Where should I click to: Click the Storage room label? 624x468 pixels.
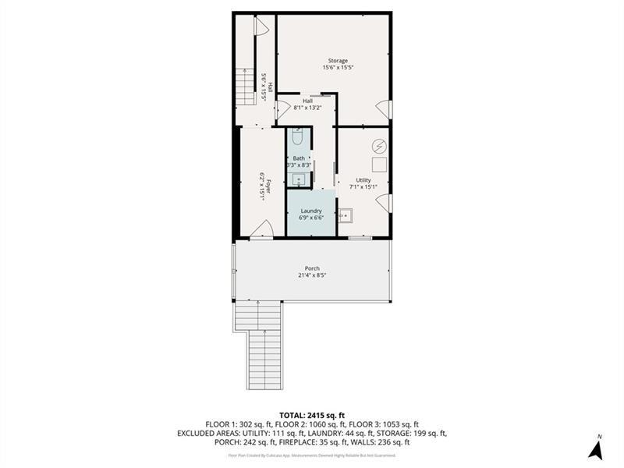coord(338,61)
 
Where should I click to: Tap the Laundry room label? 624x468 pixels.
coord(311,211)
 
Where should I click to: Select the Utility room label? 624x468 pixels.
coord(363,180)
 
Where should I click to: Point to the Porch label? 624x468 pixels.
coord(312,268)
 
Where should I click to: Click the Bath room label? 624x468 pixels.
coord(299,159)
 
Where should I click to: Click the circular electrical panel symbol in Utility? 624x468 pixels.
coord(378,146)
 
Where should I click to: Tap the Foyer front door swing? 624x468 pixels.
coord(264,229)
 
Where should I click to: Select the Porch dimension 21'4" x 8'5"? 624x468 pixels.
coord(312,275)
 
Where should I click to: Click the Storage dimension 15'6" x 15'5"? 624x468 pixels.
coord(338,68)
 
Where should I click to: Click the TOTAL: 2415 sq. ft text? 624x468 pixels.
coord(312,414)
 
